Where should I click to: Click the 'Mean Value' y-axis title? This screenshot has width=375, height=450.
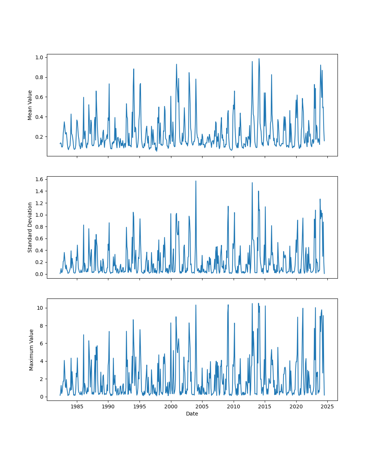[x=30, y=105]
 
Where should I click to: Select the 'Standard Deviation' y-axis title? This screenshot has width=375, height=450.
[x=30, y=227]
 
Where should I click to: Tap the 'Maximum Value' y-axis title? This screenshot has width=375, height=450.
[x=31, y=349]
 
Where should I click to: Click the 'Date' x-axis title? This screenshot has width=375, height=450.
[x=192, y=414]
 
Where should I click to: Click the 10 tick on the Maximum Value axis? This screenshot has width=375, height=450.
[x=40, y=308]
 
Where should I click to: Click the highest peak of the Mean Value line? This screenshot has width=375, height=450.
[x=259, y=58]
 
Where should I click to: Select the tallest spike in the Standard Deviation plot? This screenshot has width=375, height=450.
[x=196, y=181]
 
